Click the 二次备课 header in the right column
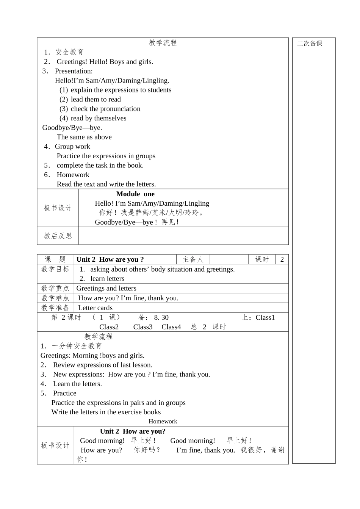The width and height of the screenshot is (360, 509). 310,44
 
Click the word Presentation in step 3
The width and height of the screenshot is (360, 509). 74,71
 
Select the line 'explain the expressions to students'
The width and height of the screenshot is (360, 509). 121,90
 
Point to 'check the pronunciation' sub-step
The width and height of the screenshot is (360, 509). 105,109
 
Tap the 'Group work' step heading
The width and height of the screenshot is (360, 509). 72,147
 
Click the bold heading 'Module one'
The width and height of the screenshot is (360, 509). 135,194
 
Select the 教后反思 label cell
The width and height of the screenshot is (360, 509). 58,236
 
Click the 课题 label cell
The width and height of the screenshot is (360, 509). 55,259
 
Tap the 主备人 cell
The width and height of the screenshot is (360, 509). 193,259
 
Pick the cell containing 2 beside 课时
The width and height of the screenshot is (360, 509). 282,259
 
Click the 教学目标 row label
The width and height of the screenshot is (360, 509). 55,269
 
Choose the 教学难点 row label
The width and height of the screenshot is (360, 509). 55,298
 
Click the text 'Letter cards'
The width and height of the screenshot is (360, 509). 95,308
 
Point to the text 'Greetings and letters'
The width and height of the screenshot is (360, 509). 106,289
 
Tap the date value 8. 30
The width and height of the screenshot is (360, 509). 161,318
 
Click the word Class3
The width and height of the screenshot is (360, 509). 143,327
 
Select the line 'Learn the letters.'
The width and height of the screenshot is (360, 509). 77,384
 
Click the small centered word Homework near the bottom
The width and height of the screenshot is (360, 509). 163,422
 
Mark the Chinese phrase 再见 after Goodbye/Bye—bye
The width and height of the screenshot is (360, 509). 170,222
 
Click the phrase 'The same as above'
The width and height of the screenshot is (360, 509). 84,137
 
